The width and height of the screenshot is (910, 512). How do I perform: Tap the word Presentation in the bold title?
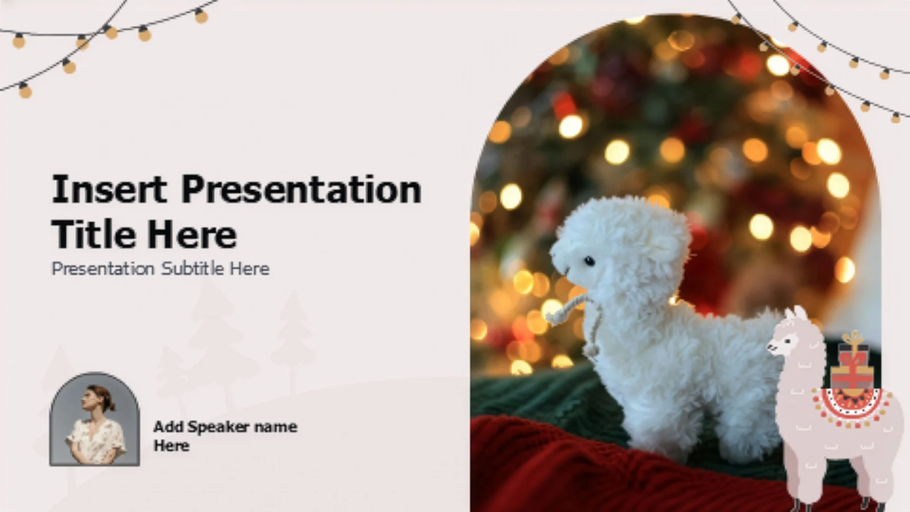click(x=301, y=190)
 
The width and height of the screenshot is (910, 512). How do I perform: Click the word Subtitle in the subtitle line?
click(x=192, y=269)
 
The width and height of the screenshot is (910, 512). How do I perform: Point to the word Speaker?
click(x=218, y=427)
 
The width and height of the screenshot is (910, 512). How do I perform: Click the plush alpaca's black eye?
click(x=589, y=261)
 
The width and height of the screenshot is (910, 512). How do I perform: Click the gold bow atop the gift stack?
click(x=854, y=338)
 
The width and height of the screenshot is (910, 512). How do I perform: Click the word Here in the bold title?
click(x=191, y=234)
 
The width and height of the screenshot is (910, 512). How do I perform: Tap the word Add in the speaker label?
click(x=168, y=427)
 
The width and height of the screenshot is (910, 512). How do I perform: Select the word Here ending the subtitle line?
click(x=250, y=269)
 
